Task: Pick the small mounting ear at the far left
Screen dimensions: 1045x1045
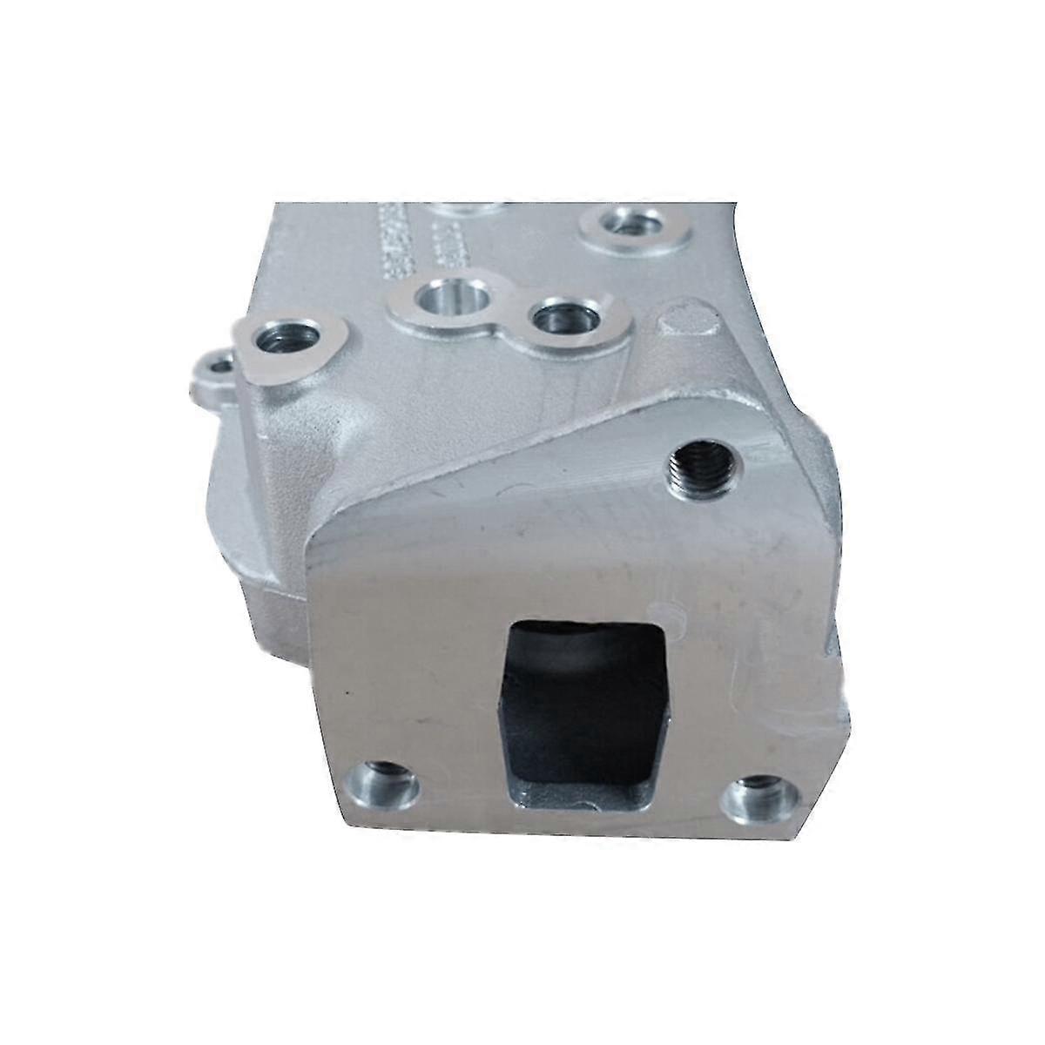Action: tap(211, 370)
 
